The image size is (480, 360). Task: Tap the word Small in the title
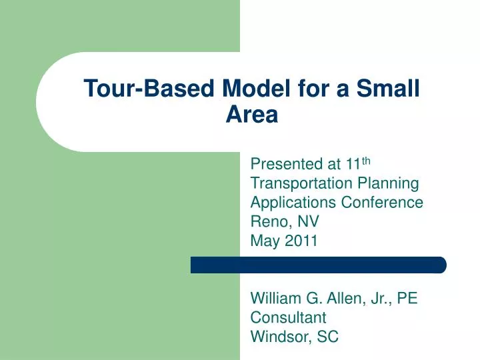pyautogui.click(x=388, y=88)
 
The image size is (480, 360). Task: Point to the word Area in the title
pyautogui.click(x=251, y=115)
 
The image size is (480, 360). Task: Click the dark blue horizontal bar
pyautogui.click(x=318, y=265)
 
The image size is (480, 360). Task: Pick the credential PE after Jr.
pyautogui.click(x=406, y=298)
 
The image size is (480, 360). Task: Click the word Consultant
pyautogui.click(x=288, y=317)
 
